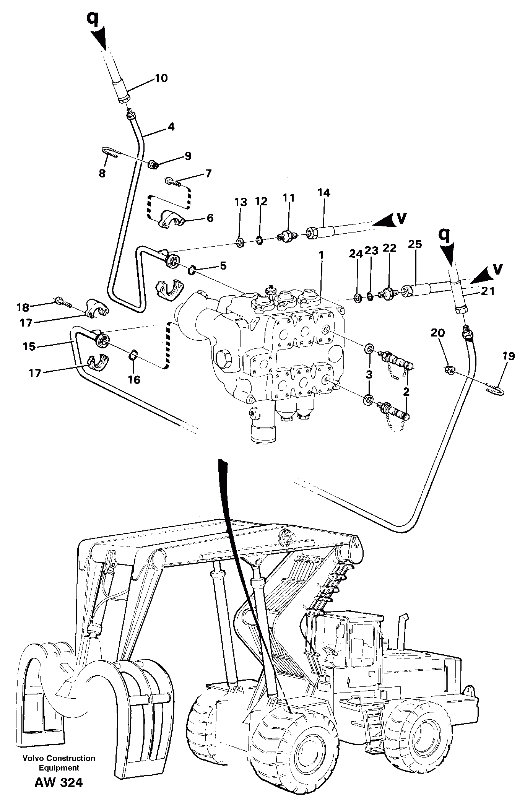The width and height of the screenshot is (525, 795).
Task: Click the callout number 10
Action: (x=161, y=78)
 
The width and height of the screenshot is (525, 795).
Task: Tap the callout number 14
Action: (x=323, y=192)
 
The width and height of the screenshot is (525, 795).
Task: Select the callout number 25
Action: (x=415, y=244)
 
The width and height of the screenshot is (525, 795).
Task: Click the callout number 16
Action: (x=134, y=379)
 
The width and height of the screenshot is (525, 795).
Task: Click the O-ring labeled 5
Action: (x=191, y=271)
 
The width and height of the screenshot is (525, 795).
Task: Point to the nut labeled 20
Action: (x=450, y=369)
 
